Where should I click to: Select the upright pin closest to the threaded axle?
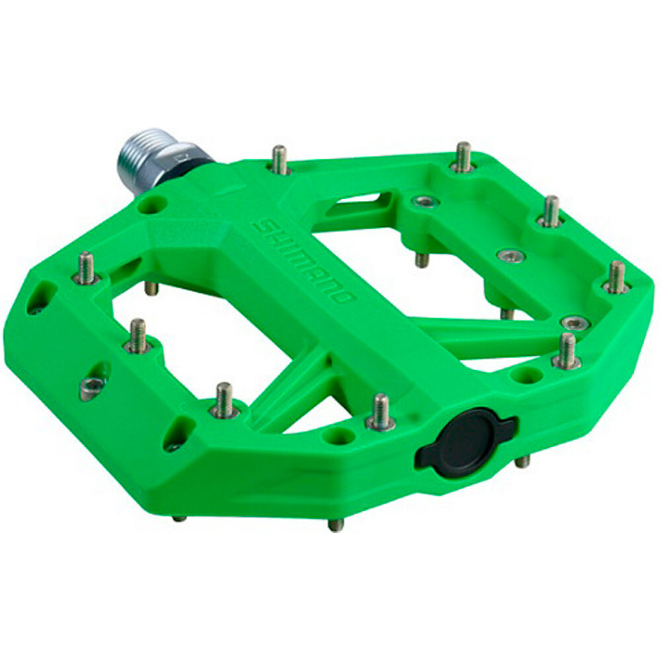[x=280, y=159]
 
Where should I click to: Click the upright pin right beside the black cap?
[x=380, y=410]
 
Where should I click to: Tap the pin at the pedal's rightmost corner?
[x=616, y=277]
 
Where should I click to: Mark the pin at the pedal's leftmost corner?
[x=86, y=268]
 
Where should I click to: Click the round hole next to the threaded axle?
[x=151, y=206]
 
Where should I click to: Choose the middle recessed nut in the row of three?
[x=511, y=255]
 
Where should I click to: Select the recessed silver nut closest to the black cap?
[x=574, y=323]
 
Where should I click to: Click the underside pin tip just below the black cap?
[x=522, y=461]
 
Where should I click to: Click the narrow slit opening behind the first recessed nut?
[x=361, y=198]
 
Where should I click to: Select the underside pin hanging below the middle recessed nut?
[x=507, y=312]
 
